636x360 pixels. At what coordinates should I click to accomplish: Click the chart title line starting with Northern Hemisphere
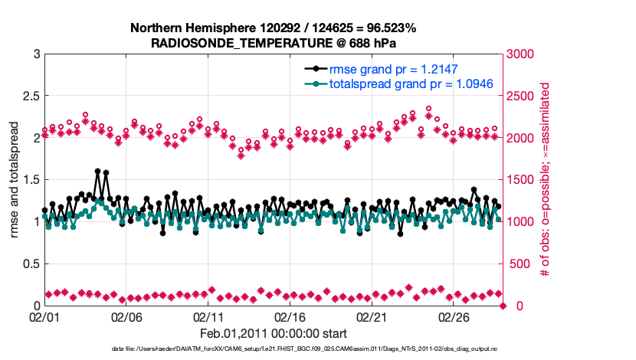point(274,28)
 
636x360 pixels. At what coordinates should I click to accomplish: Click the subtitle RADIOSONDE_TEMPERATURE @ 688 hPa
point(274,43)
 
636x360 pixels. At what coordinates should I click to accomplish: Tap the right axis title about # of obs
point(546,180)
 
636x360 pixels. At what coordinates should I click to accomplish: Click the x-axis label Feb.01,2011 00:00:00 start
point(274,333)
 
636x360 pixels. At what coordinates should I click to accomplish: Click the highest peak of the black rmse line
point(97,172)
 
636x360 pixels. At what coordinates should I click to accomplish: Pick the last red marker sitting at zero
point(503,306)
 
